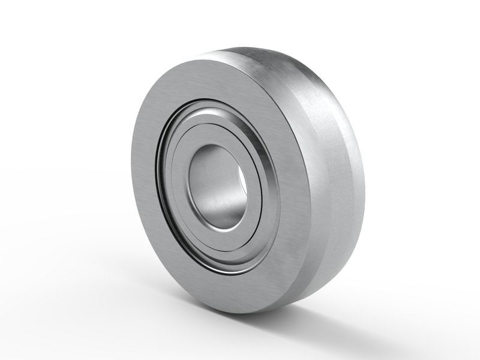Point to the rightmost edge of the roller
pos(364,174)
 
